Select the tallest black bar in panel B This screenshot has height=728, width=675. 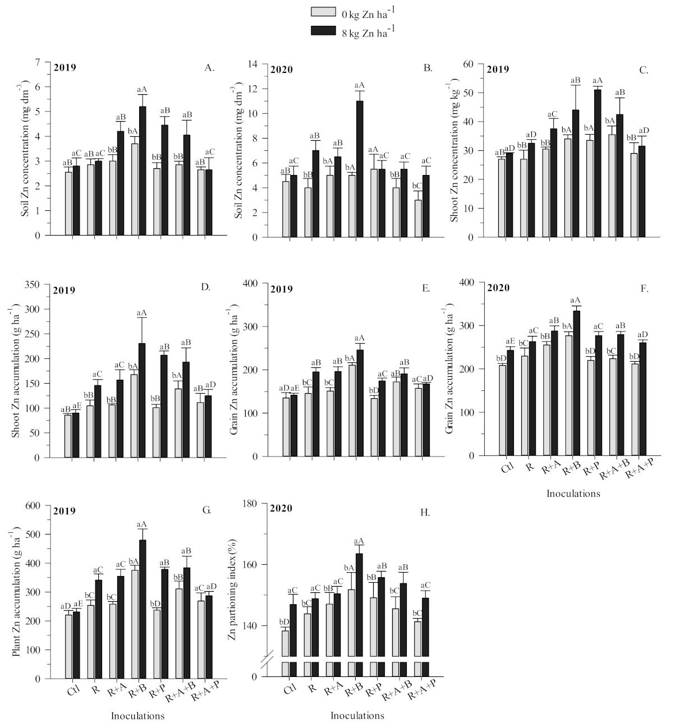pos(359,168)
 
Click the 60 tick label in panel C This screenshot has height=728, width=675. pos(480,63)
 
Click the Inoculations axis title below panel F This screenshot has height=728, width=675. pos(573,494)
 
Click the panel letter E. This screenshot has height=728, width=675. pos(426,289)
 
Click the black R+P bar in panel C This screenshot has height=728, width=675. pos(598,163)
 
